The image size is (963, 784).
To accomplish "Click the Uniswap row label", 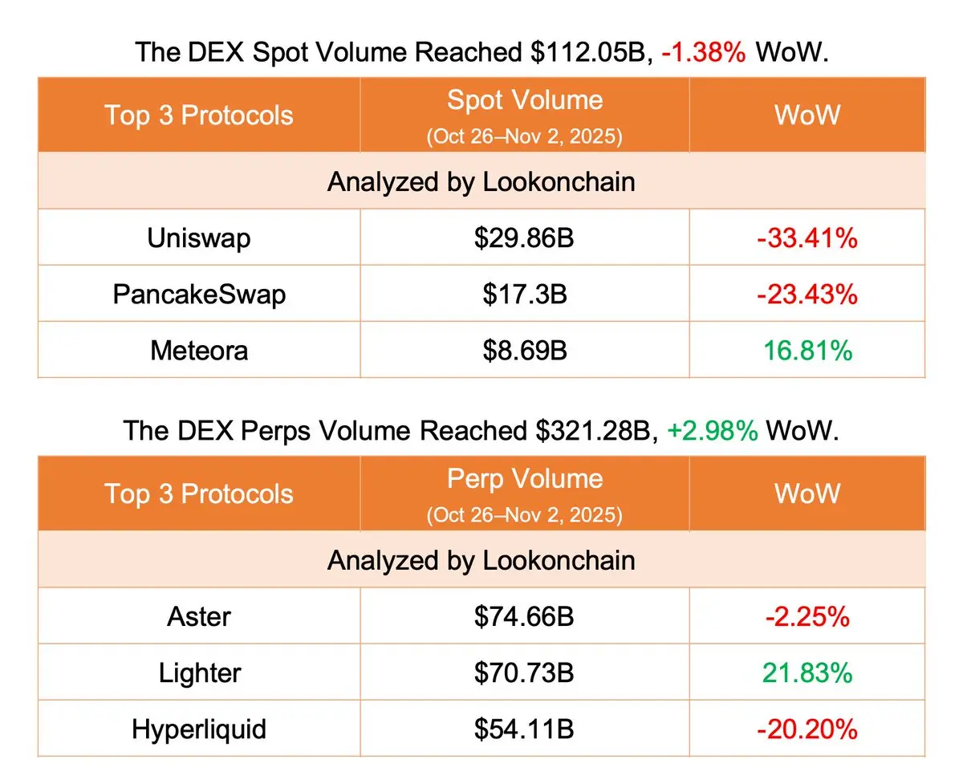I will point(199,238).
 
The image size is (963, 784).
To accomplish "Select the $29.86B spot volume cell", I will point(525,238).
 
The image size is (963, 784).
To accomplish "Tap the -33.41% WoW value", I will point(807,238).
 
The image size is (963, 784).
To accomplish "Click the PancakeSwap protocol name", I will point(199,295).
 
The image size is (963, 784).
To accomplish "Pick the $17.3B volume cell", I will point(525,295).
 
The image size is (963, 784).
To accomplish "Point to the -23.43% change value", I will point(807,295).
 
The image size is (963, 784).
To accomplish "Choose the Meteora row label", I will point(199,351).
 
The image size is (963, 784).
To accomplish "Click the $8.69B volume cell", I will point(525,351).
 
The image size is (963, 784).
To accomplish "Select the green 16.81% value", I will point(807,351).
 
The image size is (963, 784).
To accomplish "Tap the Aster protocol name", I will point(199,616).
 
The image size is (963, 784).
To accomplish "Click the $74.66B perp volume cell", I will point(525,616).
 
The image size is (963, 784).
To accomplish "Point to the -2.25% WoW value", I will point(807,616).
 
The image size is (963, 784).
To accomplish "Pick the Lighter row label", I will point(199,672).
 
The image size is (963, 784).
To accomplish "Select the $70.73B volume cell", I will point(525,672).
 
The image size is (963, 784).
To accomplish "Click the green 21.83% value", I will point(807,672).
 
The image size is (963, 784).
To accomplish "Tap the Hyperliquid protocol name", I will point(199,729).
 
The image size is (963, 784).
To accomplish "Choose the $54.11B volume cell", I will point(525,729).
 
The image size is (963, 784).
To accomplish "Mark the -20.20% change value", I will point(807,729).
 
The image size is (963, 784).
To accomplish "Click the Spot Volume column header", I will point(525,100).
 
